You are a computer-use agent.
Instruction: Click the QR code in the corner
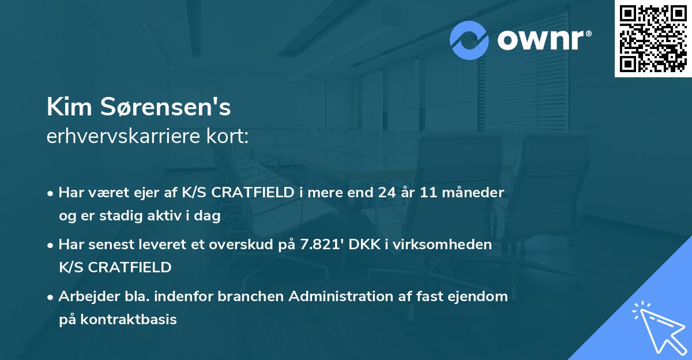tap(653, 39)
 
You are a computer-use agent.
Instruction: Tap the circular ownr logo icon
tap(469, 40)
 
